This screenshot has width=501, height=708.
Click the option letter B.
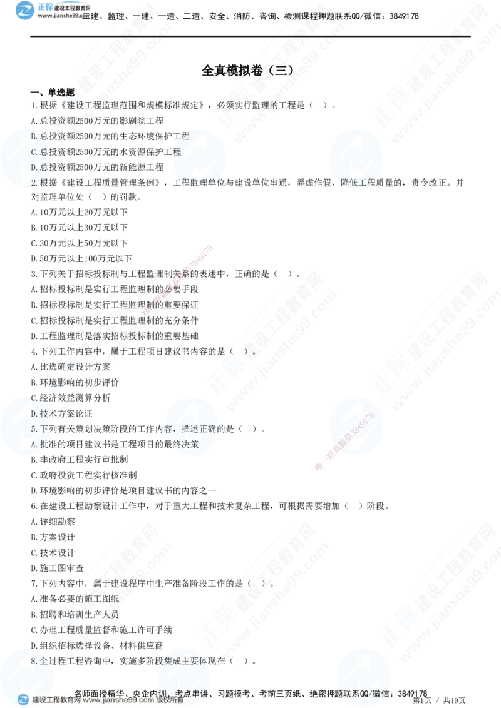point(34,136)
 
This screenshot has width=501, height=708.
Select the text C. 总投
point(42,151)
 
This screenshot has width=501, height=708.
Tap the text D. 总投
point(42,167)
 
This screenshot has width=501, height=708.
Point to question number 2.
point(34,183)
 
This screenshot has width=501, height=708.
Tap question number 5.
point(34,429)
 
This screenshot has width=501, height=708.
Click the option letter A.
point(34,445)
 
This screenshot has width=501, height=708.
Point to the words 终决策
point(184,445)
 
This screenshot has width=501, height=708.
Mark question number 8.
point(34,660)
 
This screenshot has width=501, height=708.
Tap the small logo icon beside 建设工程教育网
point(23,700)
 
